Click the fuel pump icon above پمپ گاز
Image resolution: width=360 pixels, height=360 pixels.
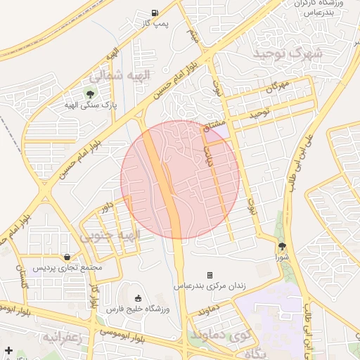coord(155,13)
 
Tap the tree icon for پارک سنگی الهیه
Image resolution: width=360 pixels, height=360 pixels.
coord(89,93)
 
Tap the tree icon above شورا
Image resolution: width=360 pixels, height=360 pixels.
coord(282,245)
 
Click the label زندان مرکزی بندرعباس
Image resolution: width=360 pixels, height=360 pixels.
coord(208,288)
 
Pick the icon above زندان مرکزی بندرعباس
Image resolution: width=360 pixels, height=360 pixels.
coord(210,275)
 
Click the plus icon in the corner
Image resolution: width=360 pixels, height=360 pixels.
coord(8,350)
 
